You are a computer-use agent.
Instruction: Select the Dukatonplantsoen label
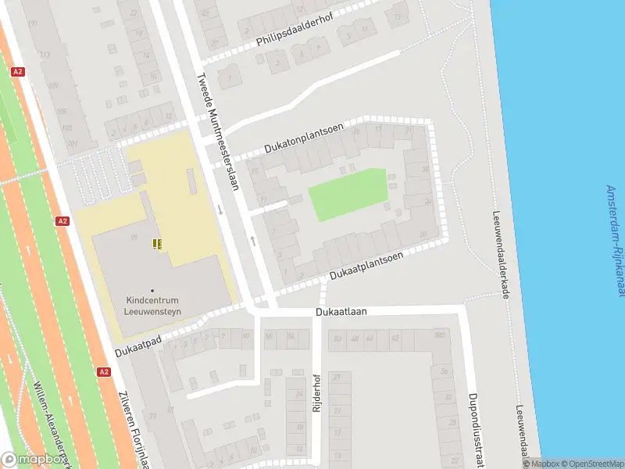tap(304, 138)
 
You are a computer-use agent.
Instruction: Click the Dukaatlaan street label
tap(341, 311)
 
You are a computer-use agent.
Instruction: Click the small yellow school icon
tap(159, 244)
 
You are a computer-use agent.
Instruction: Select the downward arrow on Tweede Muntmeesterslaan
tap(221, 209)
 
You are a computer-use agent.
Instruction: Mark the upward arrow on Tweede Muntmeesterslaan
tap(252, 240)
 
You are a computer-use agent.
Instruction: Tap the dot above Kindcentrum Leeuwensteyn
tap(152, 290)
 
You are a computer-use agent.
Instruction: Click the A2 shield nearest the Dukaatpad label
tap(104, 372)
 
